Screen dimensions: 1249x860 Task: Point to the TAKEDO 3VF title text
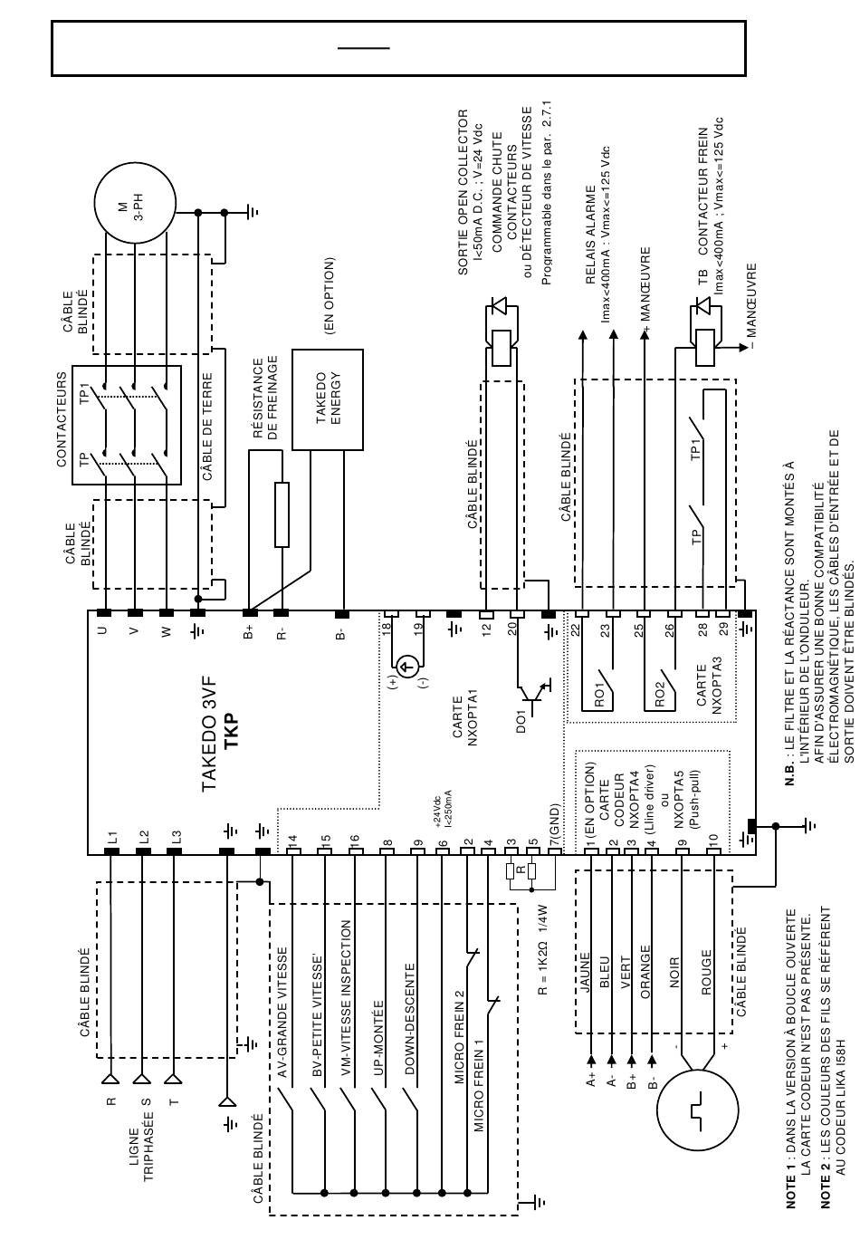[209, 726]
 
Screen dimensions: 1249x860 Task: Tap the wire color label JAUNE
[585, 972]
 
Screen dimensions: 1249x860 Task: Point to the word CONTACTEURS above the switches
[62, 418]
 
